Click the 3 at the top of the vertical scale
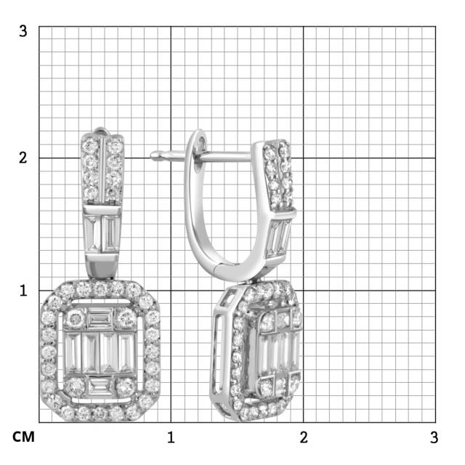click(23, 31)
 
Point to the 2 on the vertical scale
click(23, 158)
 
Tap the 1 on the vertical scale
click(23, 290)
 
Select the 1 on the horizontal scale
click(171, 437)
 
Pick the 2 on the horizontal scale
click(304, 437)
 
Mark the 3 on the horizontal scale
click(434, 437)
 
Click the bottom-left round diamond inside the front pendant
click(76, 384)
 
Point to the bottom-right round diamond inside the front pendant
click(126, 384)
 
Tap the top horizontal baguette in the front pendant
click(100, 318)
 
